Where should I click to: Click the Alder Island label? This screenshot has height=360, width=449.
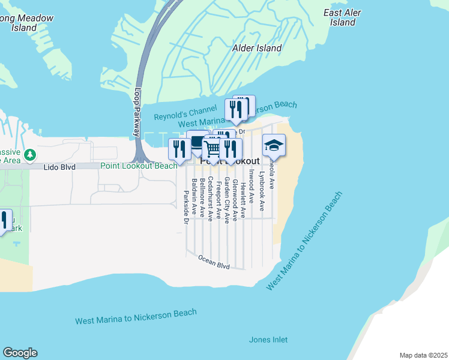(257, 48)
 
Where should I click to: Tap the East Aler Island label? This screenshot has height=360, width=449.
(343, 17)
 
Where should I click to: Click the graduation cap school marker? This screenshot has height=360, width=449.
(274, 146)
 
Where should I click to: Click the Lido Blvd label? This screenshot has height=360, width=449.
(59, 167)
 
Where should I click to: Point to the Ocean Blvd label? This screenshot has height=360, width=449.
(214, 261)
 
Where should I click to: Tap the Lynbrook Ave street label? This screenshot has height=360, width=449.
(262, 191)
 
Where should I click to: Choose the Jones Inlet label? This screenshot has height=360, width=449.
(268, 340)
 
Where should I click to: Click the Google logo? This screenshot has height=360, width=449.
(19, 353)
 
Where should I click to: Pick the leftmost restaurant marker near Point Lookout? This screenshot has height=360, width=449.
(179, 149)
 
